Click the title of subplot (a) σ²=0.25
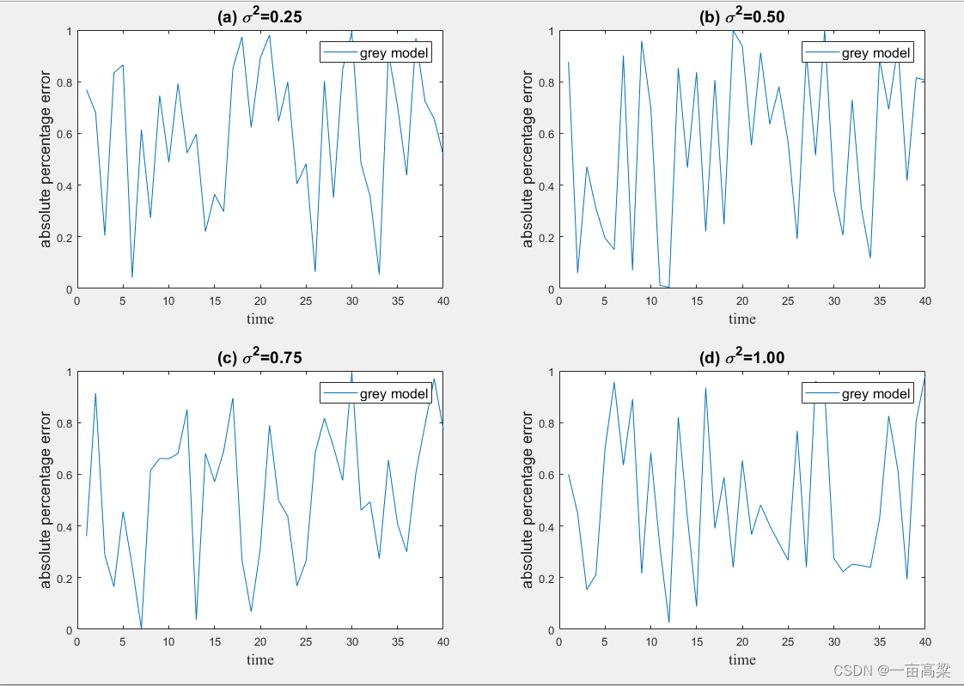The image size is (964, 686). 260,15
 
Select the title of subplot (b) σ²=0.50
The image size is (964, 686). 742,15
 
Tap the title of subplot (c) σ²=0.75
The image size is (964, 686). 260,356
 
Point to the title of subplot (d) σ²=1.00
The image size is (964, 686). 742,356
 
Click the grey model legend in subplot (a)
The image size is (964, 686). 375,53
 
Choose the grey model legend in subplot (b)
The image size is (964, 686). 857,53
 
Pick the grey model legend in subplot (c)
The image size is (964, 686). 375,393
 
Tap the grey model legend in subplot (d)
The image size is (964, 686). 857,393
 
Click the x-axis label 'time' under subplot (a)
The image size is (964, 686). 260,319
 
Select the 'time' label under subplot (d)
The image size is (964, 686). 742,659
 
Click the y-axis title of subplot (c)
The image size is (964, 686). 46,501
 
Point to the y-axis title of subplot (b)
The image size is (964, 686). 528,160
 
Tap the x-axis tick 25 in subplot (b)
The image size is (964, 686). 787,301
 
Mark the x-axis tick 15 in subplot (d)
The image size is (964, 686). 696,641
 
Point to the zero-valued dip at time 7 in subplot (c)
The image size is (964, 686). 141,628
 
